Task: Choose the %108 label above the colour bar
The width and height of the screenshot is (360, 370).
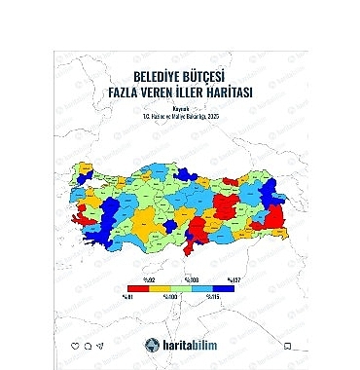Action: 190,280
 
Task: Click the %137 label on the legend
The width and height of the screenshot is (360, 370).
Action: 230,280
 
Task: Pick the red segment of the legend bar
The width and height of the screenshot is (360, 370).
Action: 139,288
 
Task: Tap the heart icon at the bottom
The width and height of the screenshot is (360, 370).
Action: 75,346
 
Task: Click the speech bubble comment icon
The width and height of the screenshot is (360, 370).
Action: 88,346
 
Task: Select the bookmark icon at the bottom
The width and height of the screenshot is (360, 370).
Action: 286,346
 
